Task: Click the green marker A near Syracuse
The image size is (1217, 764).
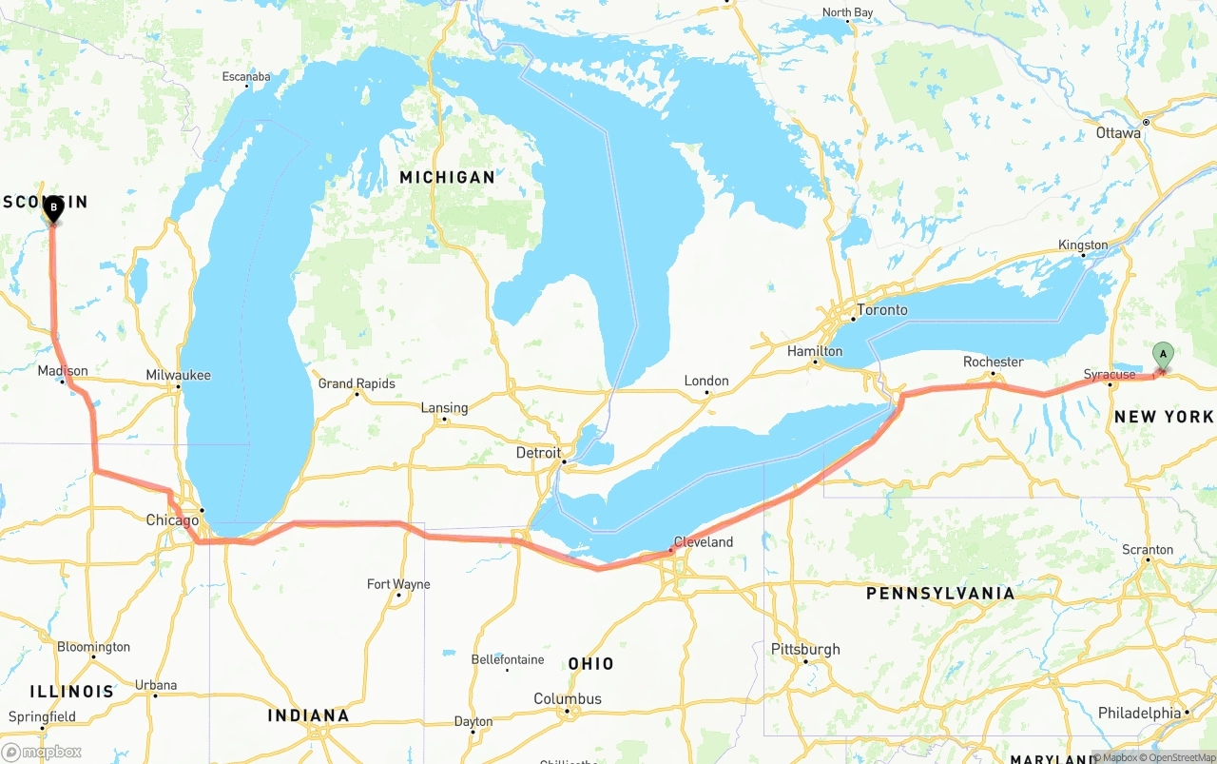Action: pyautogui.click(x=1163, y=355)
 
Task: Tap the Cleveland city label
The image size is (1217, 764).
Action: pyautogui.click(x=704, y=542)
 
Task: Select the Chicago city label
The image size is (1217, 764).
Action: pyautogui.click(x=172, y=520)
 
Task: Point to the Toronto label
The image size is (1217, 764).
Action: pyautogui.click(x=881, y=310)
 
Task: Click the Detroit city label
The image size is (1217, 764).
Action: pyautogui.click(x=538, y=453)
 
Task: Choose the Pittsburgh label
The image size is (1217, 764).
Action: pyautogui.click(x=805, y=650)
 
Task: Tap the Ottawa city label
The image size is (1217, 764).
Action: pyautogui.click(x=1118, y=133)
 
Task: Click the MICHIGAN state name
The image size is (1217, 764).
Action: pyautogui.click(x=447, y=177)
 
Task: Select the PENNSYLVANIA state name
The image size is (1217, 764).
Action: pyautogui.click(x=939, y=594)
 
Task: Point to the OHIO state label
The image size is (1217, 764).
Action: pyautogui.click(x=590, y=664)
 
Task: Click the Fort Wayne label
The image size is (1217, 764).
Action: pyautogui.click(x=398, y=584)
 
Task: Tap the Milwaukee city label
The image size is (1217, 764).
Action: pyautogui.click(x=178, y=376)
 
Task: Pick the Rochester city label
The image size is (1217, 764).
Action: pyautogui.click(x=993, y=362)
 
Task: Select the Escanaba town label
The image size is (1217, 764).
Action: pyautogui.click(x=246, y=77)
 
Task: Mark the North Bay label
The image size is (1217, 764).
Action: pyautogui.click(x=847, y=12)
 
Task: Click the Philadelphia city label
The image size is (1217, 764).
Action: pyautogui.click(x=1139, y=713)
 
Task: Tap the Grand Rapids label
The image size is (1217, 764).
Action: pyautogui.click(x=357, y=383)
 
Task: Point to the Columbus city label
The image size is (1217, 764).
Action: pyautogui.click(x=568, y=699)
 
